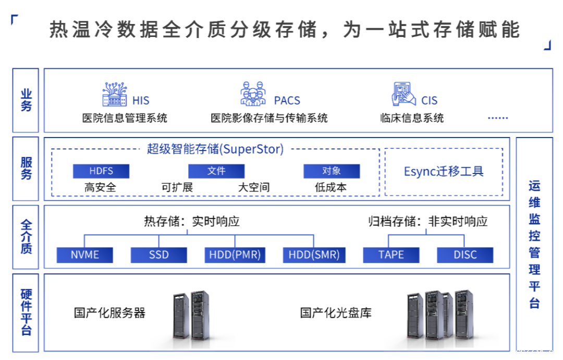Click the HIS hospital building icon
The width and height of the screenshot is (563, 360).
coord(115,94)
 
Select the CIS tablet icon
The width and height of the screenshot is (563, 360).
coord(403,94)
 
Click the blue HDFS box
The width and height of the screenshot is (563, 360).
coord(101,171)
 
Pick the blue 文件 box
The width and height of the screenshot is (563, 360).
coord(216,171)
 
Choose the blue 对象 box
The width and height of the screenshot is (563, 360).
coord(332,171)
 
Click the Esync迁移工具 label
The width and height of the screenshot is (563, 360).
coord(444,171)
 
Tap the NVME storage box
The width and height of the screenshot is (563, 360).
coord(85,255)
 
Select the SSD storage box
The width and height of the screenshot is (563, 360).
coord(159,255)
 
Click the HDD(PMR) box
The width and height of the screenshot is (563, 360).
coord(235,255)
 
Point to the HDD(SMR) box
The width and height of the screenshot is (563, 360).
coord(314,255)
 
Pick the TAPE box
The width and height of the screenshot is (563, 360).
coord(391,255)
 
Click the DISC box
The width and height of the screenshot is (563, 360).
coord(465,255)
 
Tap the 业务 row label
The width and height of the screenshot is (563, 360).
coord(26,100)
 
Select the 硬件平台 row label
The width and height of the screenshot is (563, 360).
coord(26,312)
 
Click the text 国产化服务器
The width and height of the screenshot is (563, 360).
coord(109,313)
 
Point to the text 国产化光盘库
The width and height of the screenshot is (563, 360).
coord(336,313)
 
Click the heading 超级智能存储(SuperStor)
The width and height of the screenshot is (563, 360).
coord(215,149)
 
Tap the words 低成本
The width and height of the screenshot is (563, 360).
coord(331,188)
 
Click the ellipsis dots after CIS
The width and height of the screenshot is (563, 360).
coord(497,118)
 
